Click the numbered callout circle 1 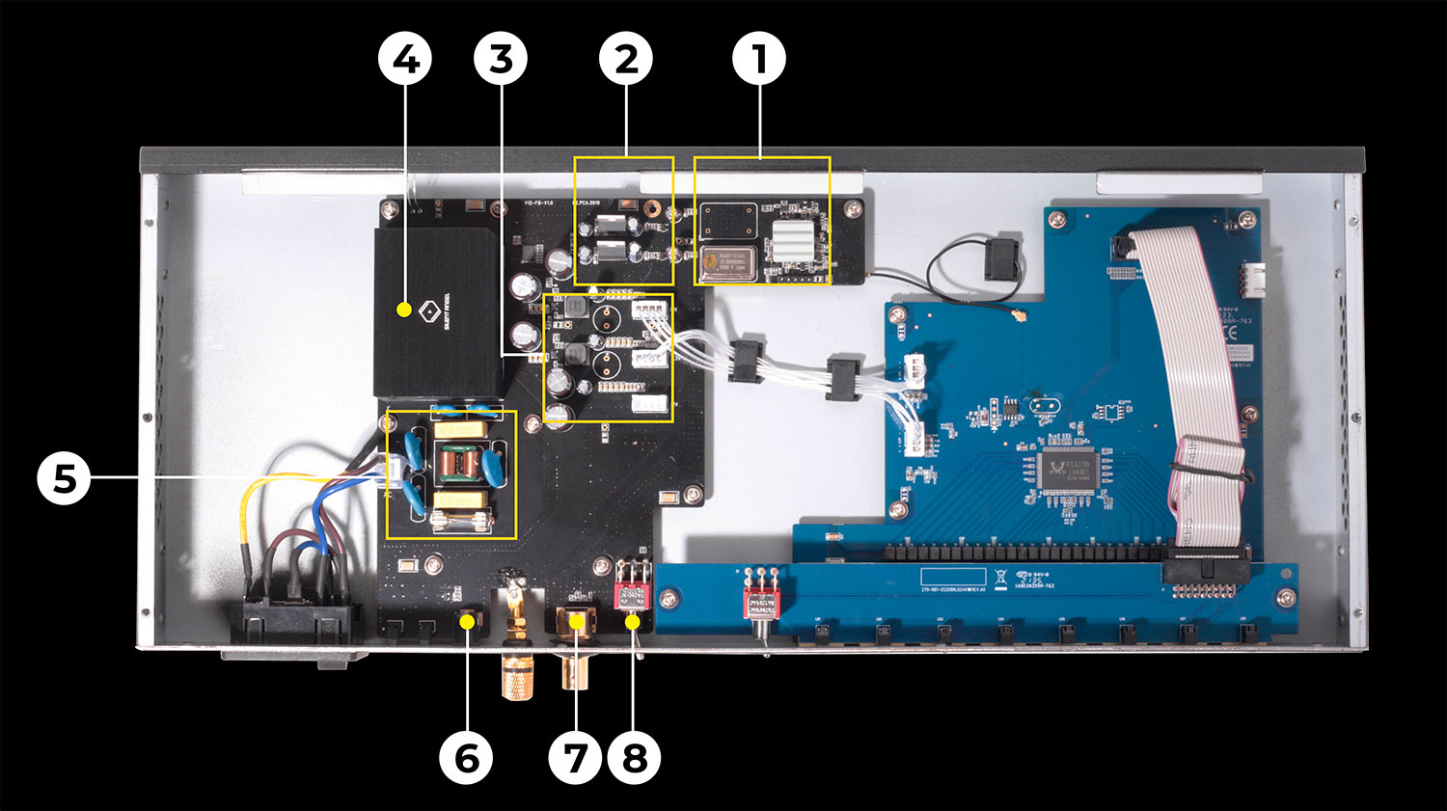759,60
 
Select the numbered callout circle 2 626,60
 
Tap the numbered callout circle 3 501,60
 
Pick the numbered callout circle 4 405,60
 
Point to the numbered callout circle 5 64,477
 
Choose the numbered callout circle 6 466,758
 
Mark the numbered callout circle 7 576,758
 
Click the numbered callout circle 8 634,758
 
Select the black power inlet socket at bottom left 294,622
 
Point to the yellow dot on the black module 405,311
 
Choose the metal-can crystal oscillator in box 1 724,262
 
